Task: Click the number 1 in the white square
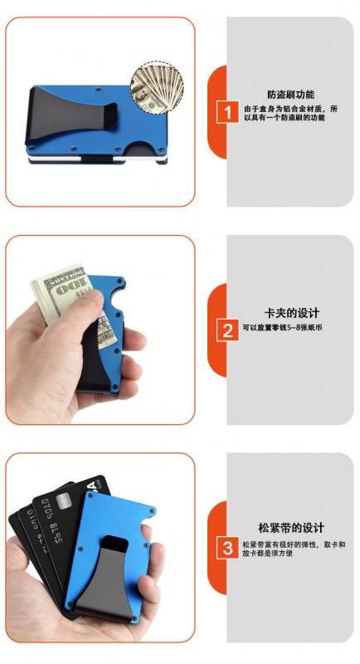pos(227,113)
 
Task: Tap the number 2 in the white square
pos(227,330)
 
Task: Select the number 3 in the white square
pos(227,549)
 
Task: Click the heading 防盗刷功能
pos(290,95)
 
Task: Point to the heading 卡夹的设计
pos(292,313)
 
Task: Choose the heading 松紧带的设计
pos(291,528)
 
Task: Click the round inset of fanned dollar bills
pos(157,88)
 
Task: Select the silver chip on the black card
pos(63,501)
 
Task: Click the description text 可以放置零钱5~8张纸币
pos(282,327)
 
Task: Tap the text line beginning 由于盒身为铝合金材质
pos(291,109)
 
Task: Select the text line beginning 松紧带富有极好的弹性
pos(294,544)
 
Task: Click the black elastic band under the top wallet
pos(96,159)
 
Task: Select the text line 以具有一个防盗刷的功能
pos(285,118)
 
